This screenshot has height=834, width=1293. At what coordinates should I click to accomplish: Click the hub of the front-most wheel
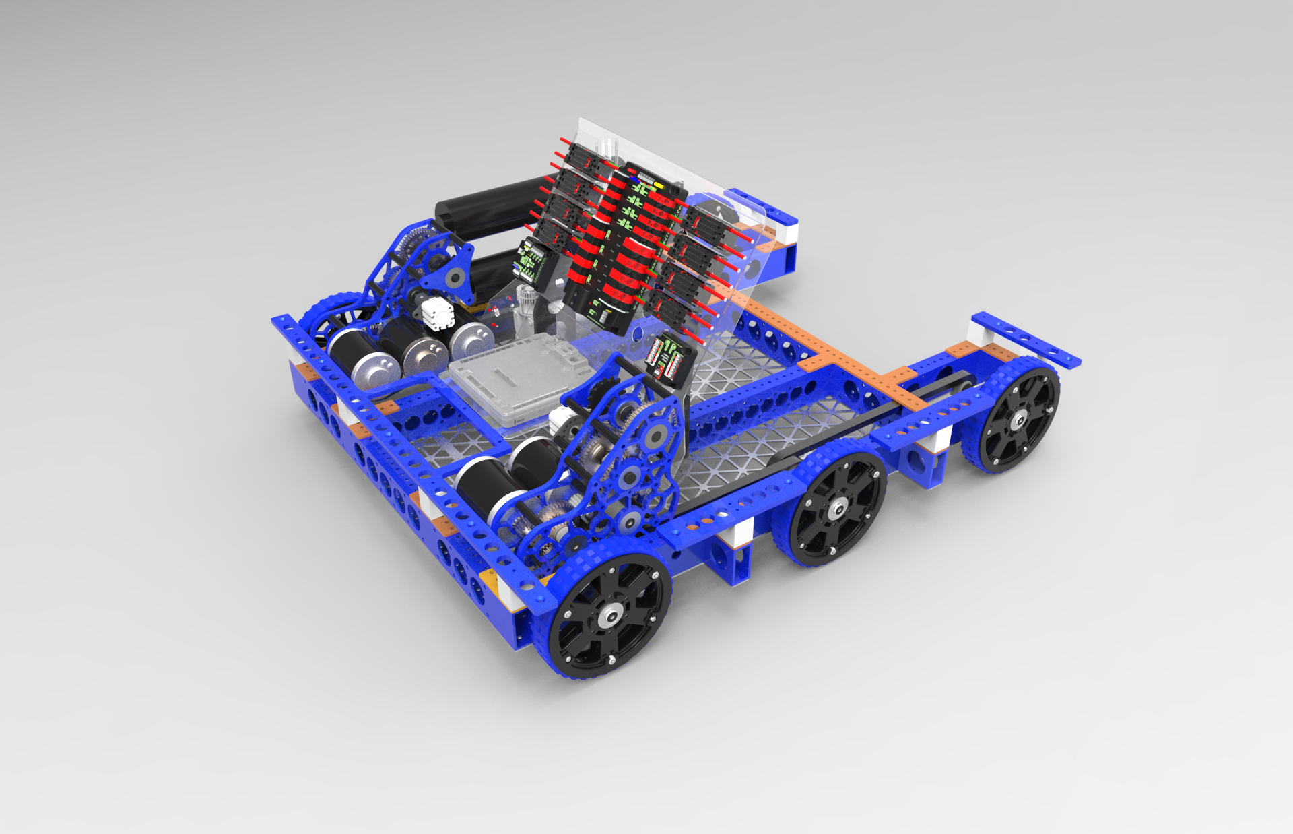click(x=611, y=614)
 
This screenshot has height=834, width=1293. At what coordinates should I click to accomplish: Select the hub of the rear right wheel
click(x=1017, y=421)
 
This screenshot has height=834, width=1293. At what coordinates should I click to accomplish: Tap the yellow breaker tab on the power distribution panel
click(x=658, y=183)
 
